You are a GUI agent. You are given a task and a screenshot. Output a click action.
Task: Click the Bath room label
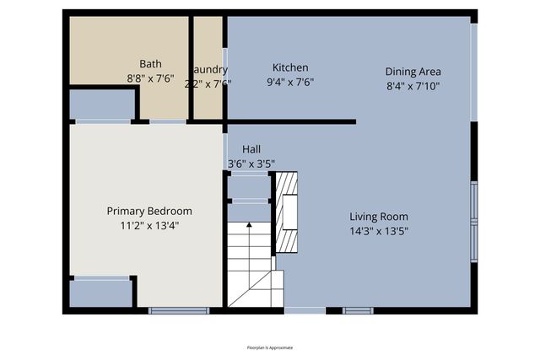tap(150, 63)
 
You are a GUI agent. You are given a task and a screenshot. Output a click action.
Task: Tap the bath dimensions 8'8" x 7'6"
tap(150, 78)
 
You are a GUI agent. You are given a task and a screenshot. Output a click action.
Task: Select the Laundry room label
tap(209, 69)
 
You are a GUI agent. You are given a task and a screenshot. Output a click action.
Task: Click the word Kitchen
tap(289, 67)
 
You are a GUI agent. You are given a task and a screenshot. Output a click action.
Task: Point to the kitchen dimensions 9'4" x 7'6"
tap(290, 83)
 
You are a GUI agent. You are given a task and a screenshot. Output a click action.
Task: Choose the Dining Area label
tap(413, 72)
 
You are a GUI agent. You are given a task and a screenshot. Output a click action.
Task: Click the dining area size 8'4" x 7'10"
tap(413, 86)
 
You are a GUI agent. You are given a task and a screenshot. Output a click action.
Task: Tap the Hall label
tap(251, 148)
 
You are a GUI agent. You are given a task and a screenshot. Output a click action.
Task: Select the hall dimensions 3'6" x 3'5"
tap(251, 164)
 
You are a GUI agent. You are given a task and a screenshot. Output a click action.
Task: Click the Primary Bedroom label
tap(148, 211)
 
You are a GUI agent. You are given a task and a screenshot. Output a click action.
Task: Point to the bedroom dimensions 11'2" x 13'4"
tap(148, 226)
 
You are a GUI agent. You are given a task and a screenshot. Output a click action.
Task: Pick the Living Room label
tap(379, 216)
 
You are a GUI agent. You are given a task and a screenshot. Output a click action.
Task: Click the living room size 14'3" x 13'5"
tap(379, 231)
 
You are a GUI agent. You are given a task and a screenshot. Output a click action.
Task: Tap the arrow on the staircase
tap(249, 225)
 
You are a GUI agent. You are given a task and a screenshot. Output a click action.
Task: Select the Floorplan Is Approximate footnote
tap(270, 347)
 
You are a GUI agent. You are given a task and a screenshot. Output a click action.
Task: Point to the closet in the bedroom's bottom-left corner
tap(100, 293)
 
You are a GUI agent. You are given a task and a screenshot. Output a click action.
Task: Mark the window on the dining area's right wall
tap(473, 71)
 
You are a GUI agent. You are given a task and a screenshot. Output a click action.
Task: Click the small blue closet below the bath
tap(101, 105)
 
